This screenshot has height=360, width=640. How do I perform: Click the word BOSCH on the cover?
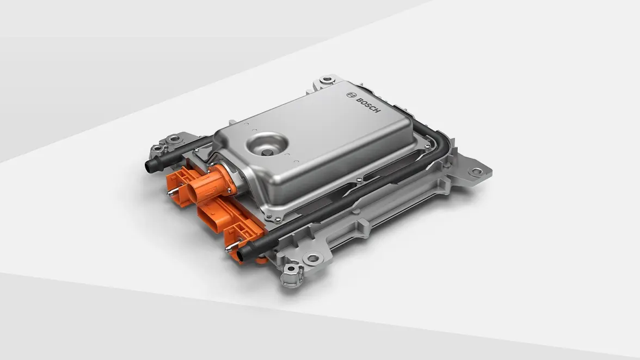(x=368, y=105)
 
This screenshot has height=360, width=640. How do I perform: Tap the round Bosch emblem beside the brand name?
(x=350, y=95)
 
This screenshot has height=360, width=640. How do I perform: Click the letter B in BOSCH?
(x=358, y=99)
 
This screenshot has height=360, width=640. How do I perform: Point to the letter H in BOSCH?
(x=378, y=111)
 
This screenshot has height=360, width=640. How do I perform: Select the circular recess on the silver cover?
(x=266, y=145)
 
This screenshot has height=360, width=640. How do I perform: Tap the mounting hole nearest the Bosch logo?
(x=327, y=80)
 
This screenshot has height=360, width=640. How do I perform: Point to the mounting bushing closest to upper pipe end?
(x=158, y=147)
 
